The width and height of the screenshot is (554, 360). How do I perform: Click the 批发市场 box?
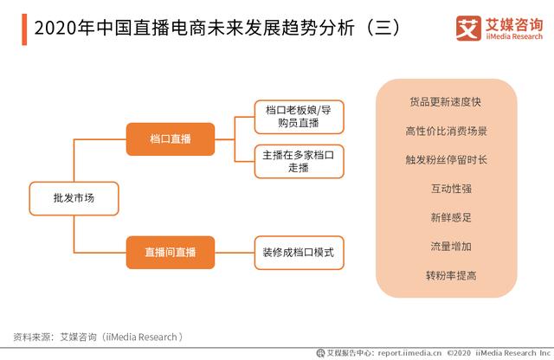point(74,198)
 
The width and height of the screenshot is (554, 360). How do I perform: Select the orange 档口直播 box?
point(171,138)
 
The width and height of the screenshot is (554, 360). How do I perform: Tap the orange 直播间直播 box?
point(171,252)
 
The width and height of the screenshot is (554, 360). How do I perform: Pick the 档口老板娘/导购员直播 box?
point(299,117)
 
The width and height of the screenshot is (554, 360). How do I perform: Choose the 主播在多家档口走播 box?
point(299,162)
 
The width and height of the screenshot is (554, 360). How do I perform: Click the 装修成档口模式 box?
point(299,253)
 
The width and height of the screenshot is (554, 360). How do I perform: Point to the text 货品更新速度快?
point(446,102)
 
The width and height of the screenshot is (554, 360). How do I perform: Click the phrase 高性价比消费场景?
point(447,131)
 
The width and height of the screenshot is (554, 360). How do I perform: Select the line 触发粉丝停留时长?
point(447,160)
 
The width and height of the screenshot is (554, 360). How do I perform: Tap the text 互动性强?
point(451,189)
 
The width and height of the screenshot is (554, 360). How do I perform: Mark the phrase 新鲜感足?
point(451,217)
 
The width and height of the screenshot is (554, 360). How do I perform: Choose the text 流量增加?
point(451,247)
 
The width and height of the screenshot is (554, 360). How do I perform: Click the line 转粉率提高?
point(451,275)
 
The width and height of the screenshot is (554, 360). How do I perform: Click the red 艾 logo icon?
point(468,29)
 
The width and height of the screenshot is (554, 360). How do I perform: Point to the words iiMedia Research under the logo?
point(514,36)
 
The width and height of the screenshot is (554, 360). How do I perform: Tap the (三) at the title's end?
point(383,28)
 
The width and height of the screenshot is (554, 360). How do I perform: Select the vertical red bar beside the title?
point(24,29)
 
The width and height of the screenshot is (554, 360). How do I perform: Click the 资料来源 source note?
point(98,337)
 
